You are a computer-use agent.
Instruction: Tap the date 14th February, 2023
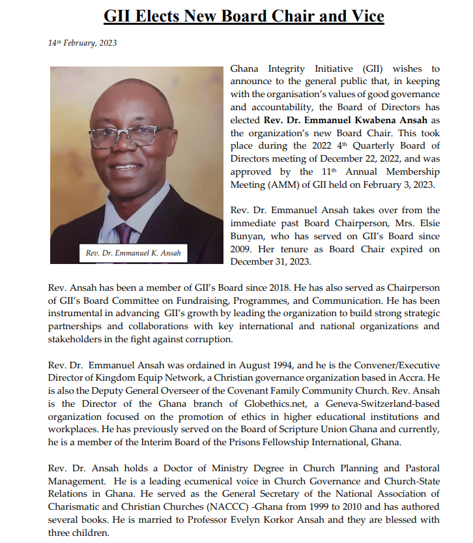(82, 43)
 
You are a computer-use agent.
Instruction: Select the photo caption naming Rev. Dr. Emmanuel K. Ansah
(134, 252)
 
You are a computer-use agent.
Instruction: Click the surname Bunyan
(248, 236)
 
